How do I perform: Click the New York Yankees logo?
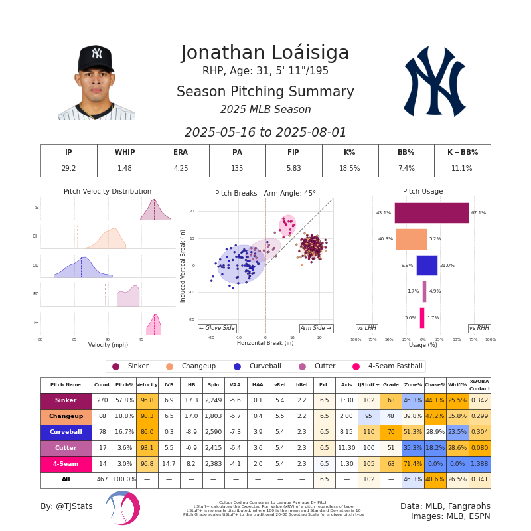point(435,81)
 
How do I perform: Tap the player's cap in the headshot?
point(96,58)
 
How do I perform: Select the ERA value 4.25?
point(181,169)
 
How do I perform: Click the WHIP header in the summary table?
point(125,153)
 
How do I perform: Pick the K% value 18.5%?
point(350,169)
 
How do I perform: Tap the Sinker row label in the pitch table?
point(66,401)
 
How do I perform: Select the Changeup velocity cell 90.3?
point(147,417)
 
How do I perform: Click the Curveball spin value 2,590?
point(213,433)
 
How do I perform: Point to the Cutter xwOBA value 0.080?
point(479,449)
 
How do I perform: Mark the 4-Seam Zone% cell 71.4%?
point(413,465)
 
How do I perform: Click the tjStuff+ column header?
point(368,385)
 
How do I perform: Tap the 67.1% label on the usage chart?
point(479,213)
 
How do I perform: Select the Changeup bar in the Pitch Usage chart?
point(412,239)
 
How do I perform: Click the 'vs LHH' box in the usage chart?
point(367,328)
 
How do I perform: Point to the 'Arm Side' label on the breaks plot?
point(316,328)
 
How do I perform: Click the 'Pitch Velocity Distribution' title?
point(108,192)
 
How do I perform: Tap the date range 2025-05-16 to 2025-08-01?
point(265,133)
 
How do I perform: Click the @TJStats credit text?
point(66,506)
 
